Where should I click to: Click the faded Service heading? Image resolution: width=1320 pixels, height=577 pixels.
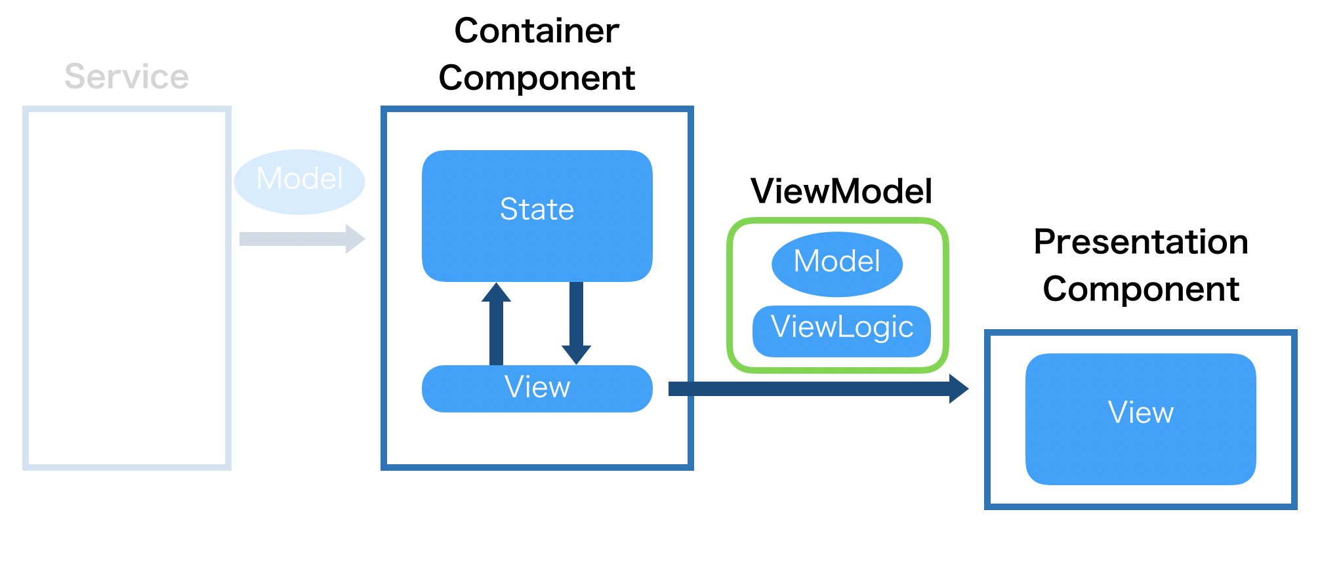pyautogui.click(x=127, y=77)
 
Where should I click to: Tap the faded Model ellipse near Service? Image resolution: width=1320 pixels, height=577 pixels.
pyautogui.click(x=299, y=181)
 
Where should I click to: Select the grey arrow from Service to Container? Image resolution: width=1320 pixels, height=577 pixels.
pyautogui.click(x=295, y=239)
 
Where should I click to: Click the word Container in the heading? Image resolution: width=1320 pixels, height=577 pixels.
pyautogui.click(x=537, y=31)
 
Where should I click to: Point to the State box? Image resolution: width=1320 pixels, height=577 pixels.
pyautogui.click(x=537, y=216)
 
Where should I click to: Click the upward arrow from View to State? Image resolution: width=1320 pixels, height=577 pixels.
pyautogui.click(x=496, y=328)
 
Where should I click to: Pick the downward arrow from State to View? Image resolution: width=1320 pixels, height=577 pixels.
pyautogui.click(x=577, y=318)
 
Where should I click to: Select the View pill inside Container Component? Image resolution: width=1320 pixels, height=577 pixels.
pyautogui.click(x=537, y=388)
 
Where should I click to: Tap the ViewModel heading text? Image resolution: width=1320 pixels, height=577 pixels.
pyautogui.click(x=841, y=191)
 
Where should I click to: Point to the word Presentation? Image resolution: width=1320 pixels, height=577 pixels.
pyautogui.click(x=1141, y=242)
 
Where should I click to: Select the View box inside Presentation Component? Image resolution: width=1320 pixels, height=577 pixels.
pyautogui.click(x=1140, y=419)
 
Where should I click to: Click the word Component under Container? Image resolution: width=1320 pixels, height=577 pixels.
pyautogui.click(x=537, y=78)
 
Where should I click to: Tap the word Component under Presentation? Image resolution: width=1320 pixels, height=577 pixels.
pyautogui.click(x=1141, y=289)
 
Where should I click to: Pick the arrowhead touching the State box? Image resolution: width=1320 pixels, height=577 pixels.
pyautogui.click(x=496, y=290)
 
